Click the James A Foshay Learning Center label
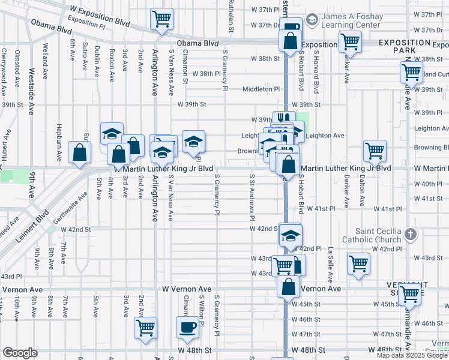click(x=351, y=20)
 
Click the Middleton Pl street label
click(x=261, y=89)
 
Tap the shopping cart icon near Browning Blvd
click(x=375, y=150)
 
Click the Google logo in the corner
click(x=20, y=353)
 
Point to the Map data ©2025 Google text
click(x=411, y=355)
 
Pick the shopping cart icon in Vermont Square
click(x=410, y=294)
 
